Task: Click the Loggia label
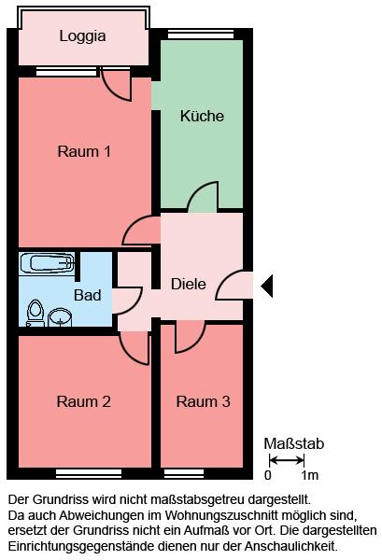tap(82, 36)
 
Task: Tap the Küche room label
tap(202, 116)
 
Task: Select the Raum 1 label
tap(84, 151)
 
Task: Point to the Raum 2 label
tap(84, 401)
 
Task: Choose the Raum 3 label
tap(203, 401)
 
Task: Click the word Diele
tap(189, 285)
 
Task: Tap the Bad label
tap(88, 295)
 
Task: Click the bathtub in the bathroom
tap(47, 263)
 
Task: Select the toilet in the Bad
tap(35, 313)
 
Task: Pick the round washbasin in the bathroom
tap(60, 317)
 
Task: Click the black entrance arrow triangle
tap(267, 287)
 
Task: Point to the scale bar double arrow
tap(286, 460)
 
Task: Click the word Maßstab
tap(293, 443)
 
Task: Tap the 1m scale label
tap(309, 475)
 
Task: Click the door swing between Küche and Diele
tap(203, 196)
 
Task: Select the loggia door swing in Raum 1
tap(117, 86)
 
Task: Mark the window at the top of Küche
tap(201, 35)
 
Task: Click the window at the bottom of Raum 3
tap(184, 473)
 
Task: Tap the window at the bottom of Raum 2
tap(89, 473)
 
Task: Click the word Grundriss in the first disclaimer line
tap(61, 499)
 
